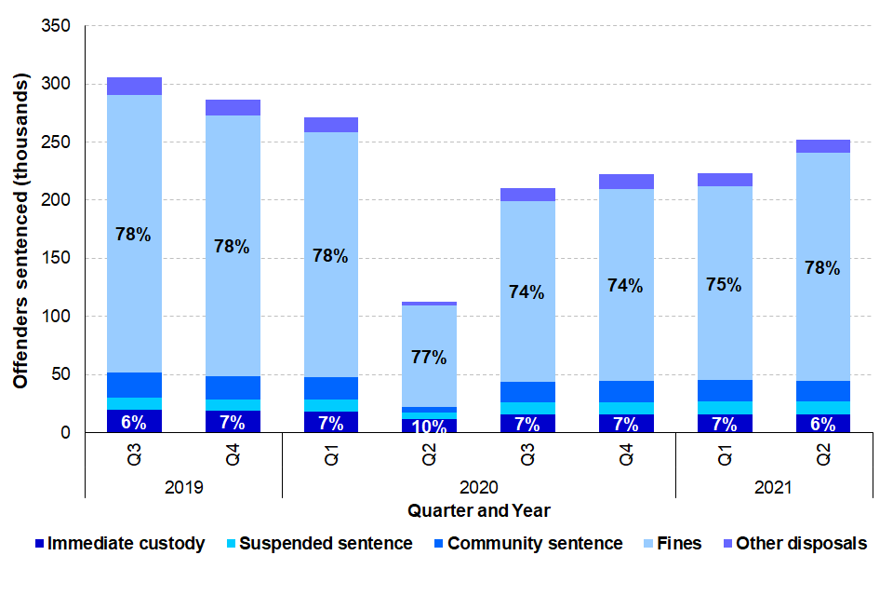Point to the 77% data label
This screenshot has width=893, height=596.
pos(429,357)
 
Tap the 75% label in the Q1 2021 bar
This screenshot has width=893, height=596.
pos(723,285)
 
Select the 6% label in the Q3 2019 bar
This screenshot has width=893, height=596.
pos(133,422)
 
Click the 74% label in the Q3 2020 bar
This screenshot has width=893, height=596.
pos(527,291)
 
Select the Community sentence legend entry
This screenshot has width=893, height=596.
pos(526,544)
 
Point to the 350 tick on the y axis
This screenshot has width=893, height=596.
pos(59,26)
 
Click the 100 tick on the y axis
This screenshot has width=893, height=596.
pos(59,317)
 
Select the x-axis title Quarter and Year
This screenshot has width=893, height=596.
pos(478,510)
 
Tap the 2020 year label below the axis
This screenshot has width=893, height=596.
pos(478,487)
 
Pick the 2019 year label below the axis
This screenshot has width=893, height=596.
pos(183,487)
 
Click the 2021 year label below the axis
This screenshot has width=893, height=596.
pos(773,487)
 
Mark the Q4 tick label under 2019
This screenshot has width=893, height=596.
pos(233,454)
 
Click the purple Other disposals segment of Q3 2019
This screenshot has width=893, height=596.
pos(134,86)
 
